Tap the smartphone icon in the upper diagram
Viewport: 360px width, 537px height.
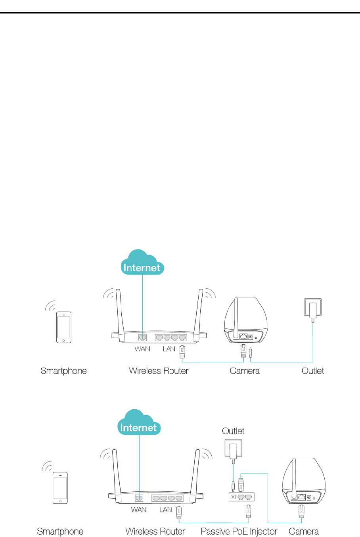[x=64, y=327]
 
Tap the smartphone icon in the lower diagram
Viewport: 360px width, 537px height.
[x=60, y=488]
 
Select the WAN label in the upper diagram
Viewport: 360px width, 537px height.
[x=142, y=349]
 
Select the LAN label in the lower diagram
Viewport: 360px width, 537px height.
[x=166, y=510]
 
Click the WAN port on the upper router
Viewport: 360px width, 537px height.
[x=142, y=338]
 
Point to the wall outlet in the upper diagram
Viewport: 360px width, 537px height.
[x=312, y=308]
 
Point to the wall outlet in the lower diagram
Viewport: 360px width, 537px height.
[x=233, y=449]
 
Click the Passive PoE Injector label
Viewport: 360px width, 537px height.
[x=239, y=531]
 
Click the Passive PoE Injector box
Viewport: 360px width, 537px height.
[x=241, y=497]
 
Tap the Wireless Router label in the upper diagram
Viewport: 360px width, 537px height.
[x=159, y=371]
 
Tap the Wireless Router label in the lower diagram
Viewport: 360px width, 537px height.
[x=155, y=531]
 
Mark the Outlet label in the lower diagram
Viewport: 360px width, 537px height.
[x=233, y=431]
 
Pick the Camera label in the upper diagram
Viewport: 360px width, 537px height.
[x=245, y=371]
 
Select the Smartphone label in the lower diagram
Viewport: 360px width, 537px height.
[x=60, y=531]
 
